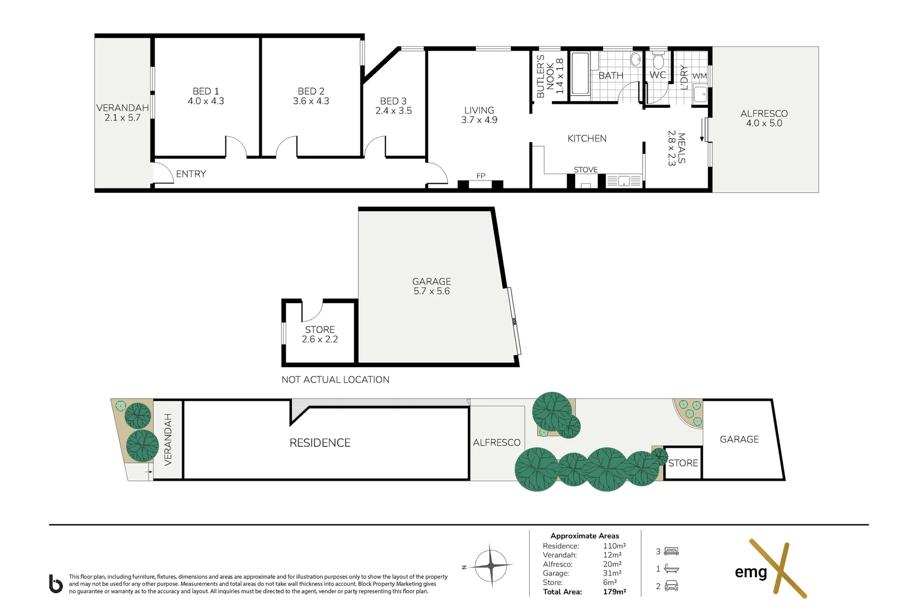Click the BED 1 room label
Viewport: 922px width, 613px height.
[x=206, y=91]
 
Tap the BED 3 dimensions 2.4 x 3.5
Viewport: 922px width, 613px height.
[x=393, y=111]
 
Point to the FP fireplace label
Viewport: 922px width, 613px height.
[x=481, y=176]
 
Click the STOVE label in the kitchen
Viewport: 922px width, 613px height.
[x=585, y=170]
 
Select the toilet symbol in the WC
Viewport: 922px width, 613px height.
[x=658, y=61]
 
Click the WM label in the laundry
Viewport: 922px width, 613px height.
[x=699, y=76]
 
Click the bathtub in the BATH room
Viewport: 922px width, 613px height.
[x=580, y=74]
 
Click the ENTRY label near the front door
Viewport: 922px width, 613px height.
[x=191, y=174]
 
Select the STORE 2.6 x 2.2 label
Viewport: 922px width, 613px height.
[x=320, y=334]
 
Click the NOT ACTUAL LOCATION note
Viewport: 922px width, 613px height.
[x=336, y=380]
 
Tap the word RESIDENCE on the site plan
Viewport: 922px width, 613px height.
[x=320, y=443]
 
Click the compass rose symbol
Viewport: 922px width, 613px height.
[x=491, y=565]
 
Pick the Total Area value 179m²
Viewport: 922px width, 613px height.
[x=614, y=591]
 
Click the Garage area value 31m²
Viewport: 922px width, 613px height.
[x=612, y=573]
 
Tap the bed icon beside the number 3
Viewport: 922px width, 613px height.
[x=672, y=551]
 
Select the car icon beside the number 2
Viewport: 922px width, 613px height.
[x=672, y=586]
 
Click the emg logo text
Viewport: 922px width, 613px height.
[x=751, y=572]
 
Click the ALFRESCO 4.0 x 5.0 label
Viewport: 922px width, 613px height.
[x=764, y=118]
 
